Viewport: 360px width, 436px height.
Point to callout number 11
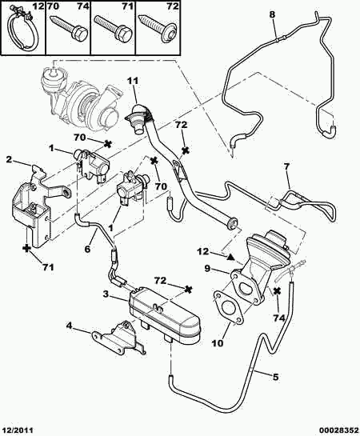[x=133, y=81]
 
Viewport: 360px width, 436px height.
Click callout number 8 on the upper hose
[x=272, y=14]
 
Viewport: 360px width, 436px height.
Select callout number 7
[x=286, y=166]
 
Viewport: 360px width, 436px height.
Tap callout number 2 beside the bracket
[x=10, y=159]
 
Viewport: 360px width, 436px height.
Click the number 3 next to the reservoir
[x=106, y=294]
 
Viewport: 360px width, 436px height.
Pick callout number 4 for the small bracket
[x=69, y=325]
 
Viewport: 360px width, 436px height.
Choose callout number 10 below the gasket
[x=217, y=343]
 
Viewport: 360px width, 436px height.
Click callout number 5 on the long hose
[x=275, y=377]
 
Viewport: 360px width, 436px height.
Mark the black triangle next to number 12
[x=230, y=257]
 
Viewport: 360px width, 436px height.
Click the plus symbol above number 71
[x=26, y=248]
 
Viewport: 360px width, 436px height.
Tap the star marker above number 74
[x=277, y=291]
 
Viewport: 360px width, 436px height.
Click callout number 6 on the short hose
[x=87, y=249]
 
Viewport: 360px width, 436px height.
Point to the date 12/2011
[x=18, y=430]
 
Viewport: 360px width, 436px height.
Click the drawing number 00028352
[x=342, y=430]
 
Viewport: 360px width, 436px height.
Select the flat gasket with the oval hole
[x=229, y=308]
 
